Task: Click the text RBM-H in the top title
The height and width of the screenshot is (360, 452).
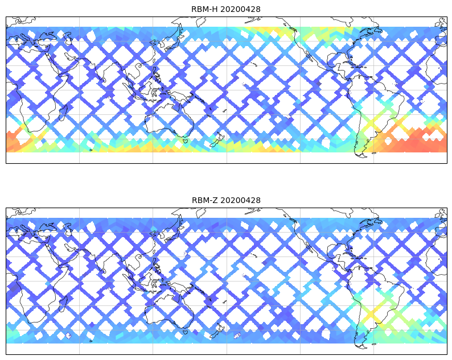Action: point(204,9)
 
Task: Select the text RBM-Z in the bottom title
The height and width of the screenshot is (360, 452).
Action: point(204,200)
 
